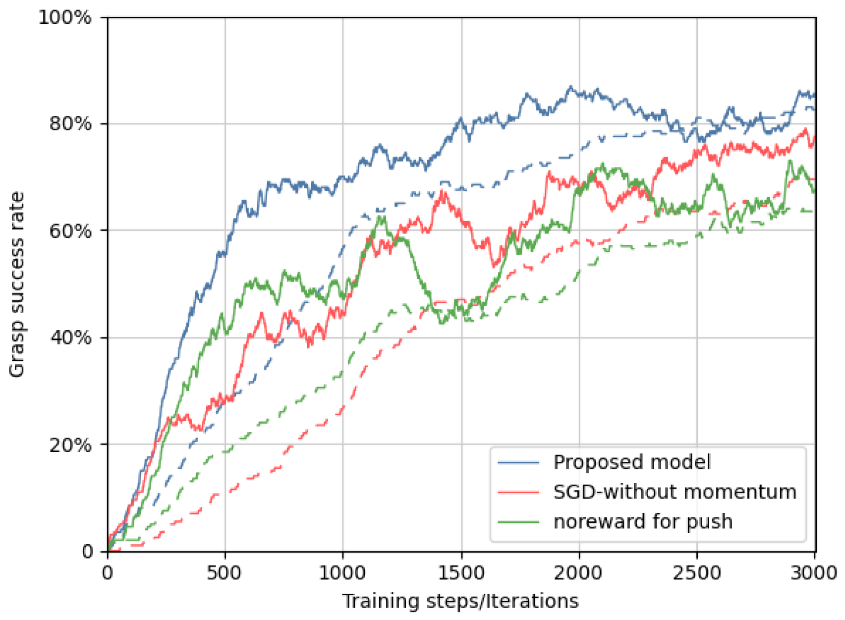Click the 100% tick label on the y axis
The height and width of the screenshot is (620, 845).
65,18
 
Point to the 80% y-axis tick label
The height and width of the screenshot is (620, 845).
70,123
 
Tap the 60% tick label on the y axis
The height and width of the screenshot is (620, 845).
70,230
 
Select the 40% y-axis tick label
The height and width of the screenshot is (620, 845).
70,338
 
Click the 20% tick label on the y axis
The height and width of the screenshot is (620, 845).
70,445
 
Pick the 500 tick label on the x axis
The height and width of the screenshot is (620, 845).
225,573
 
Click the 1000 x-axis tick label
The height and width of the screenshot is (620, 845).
342,573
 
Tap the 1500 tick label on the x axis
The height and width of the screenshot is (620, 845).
461,573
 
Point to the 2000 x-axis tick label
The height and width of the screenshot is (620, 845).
579,573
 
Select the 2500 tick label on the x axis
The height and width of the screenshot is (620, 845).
697,573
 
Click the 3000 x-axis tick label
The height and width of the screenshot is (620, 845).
815,573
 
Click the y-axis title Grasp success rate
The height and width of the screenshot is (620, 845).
17,285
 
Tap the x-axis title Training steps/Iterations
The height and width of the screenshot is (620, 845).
460,601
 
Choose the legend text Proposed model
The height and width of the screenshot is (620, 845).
632,462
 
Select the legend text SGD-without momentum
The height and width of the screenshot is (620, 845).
675,492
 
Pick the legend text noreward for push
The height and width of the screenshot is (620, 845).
643,521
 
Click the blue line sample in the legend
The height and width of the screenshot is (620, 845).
518,462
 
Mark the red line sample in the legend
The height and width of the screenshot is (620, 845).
518,492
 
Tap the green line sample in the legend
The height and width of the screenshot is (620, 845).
518,522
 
